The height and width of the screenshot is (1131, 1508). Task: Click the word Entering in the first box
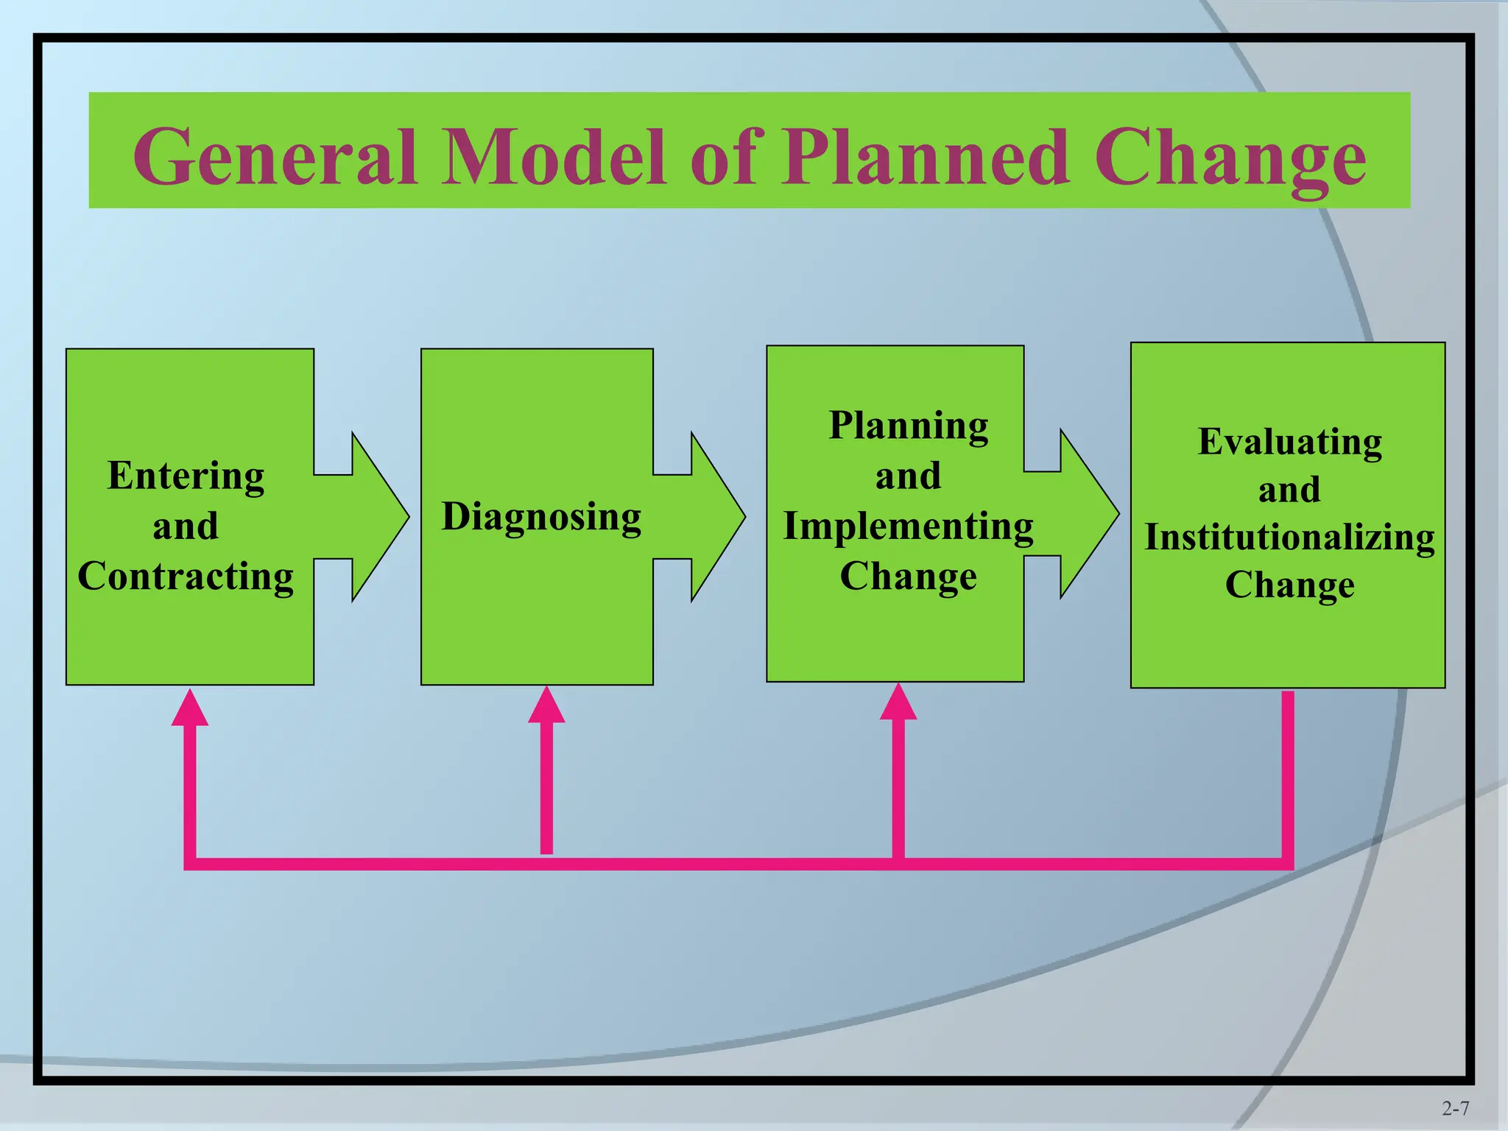[186, 476]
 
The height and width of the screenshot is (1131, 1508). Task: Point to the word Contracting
[186, 576]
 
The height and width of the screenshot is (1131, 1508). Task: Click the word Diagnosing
[541, 516]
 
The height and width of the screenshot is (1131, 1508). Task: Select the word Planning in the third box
[909, 426]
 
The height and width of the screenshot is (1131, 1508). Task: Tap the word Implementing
[909, 526]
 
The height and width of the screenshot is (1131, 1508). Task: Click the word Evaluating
[1289, 442]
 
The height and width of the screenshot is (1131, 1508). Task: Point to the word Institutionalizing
[1289, 537]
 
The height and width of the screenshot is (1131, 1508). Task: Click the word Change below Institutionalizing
[1289, 585]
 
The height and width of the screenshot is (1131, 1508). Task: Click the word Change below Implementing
[909, 576]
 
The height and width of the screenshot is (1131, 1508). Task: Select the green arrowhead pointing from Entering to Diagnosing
[376, 517]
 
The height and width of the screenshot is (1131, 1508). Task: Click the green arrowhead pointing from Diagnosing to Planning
[714, 517]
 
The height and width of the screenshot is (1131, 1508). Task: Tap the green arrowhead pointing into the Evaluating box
[1085, 513]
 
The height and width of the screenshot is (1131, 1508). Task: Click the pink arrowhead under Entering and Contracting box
[190, 708]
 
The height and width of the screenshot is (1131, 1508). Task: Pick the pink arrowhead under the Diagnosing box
[546, 705]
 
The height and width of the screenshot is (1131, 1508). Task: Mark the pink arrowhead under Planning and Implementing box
[898, 702]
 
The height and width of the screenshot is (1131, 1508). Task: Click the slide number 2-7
[1455, 1108]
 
